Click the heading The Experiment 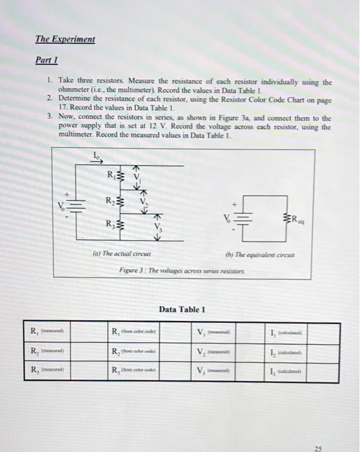coord(65,39)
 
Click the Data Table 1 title coord(181,309)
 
